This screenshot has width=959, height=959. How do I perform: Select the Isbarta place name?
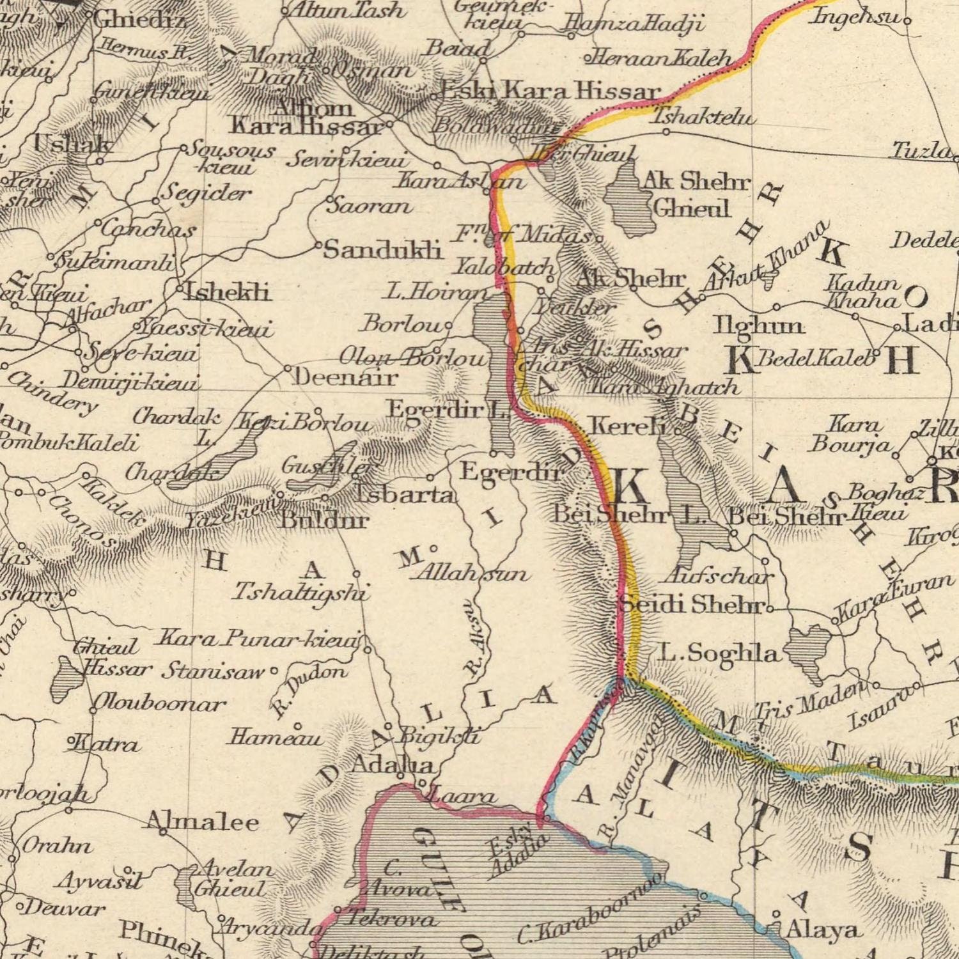tap(404, 494)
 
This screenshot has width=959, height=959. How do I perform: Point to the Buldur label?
tap(325, 520)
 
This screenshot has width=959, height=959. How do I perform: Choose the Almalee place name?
tap(203, 820)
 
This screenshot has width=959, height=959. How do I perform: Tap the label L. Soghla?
tap(720, 653)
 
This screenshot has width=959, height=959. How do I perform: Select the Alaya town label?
tap(822, 930)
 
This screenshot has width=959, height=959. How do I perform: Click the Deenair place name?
tap(345, 378)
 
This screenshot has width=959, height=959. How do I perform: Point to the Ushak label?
tap(72, 145)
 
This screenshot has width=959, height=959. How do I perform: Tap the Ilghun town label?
tap(758, 326)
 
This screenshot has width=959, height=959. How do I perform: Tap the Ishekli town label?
tap(228, 292)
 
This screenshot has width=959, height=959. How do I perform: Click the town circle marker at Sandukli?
tap(318, 245)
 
